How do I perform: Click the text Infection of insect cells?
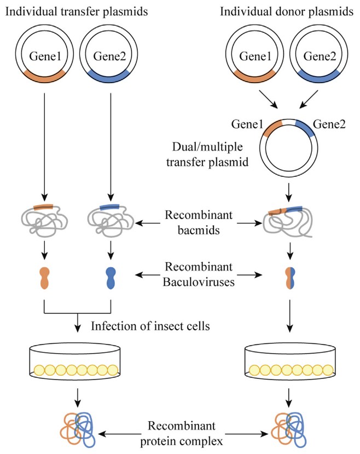point(152,327)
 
